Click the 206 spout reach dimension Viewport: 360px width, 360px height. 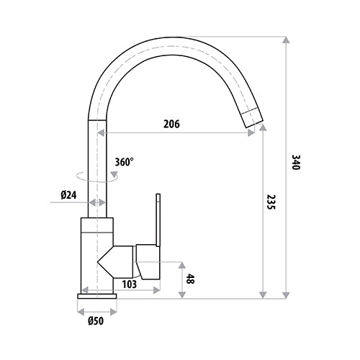tap(171, 124)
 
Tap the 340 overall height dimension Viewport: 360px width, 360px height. tap(296, 163)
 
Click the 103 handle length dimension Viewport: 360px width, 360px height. tap(130, 284)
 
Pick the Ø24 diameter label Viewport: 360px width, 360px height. tap(69, 194)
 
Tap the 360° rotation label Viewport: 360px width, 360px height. tap(123, 162)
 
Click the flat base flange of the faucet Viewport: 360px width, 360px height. tap(96, 296)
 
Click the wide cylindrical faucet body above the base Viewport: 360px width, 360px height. tap(96, 256)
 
